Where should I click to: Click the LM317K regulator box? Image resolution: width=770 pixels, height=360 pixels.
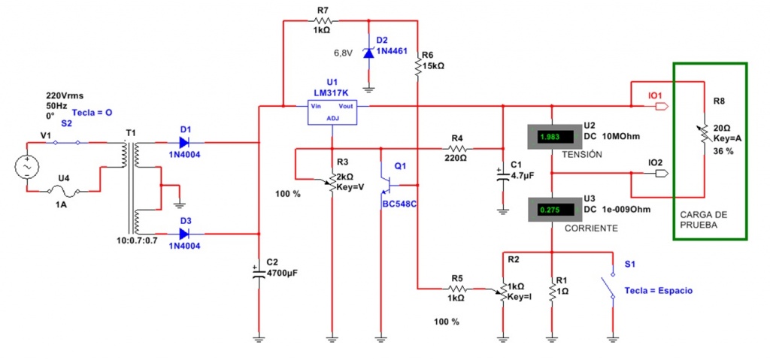332,110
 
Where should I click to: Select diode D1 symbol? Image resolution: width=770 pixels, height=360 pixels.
184,142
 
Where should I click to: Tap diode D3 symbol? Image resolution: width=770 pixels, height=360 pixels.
184,234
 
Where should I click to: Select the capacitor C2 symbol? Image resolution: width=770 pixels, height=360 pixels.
258,268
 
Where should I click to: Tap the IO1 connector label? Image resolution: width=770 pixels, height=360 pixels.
655,95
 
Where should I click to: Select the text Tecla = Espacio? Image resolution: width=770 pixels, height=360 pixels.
659,290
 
